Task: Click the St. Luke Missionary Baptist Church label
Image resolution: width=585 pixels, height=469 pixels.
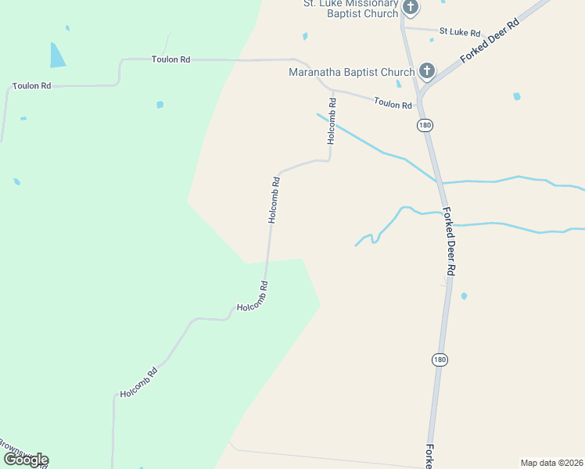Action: pyautogui.click(x=350, y=9)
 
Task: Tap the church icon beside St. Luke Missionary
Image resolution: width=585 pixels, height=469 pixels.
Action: pyautogui.click(x=411, y=8)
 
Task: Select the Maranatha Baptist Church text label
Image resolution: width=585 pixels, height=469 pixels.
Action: pyautogui.click(x=351, y=73)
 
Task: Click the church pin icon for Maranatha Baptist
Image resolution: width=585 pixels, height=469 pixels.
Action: pyautogui.click(x=426, y=72)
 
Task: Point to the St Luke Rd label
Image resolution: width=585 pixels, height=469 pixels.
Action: pyautogui.click(x=459, y=32)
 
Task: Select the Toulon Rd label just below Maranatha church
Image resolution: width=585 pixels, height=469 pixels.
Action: pyautogui.click(x=392, y=103)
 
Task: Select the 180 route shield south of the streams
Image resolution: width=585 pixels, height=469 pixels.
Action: pyautogui.click(x=440, y=359)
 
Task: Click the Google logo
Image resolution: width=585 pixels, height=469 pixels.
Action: pyautogui.click(x=25, y=459)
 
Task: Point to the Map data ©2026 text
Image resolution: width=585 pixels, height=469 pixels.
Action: pyautogui.click(x=552, y=463)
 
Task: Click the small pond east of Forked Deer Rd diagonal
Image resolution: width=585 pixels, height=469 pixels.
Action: pyautogui.click(x=516, y=96)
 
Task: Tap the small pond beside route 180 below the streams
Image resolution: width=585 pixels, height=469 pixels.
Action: pyautogui.click(x=465, y=295)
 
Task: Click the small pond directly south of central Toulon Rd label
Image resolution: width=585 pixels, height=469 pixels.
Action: pyautogui.click(x=160, y=104)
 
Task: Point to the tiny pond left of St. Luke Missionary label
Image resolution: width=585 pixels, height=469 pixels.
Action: pyautogui.click(x=305, y=36)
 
